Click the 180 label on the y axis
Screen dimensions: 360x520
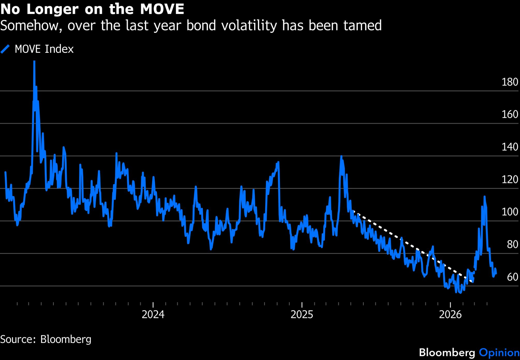[x=510, y=82]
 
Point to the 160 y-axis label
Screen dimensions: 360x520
[x=510, y=115]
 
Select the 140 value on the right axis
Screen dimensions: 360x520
[x=510, y=147]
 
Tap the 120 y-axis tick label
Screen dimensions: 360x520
[x=510, y=180]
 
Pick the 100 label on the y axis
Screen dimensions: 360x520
[x=510, y=212]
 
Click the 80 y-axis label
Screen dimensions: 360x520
[x=512, y=245]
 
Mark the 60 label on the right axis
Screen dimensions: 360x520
[x=512, y=277]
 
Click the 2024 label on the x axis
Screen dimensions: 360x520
[x=153, y=315]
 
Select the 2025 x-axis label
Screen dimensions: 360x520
[x=302, y=315]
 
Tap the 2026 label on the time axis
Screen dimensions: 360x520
[x=450, y=315]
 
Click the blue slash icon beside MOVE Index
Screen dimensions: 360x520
[x=5, y=49]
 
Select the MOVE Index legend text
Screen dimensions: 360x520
[x=44, y=49]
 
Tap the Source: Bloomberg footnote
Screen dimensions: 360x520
[x=46, y=339]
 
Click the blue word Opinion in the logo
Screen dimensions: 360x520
[x=499, y=353]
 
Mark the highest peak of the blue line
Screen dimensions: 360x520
[x=34, y=62]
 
